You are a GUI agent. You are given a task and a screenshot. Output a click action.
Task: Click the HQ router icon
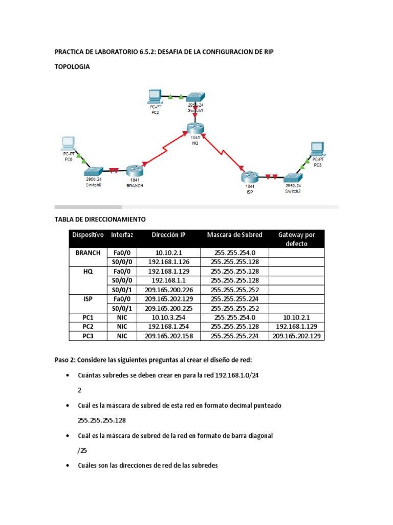pos(194,129)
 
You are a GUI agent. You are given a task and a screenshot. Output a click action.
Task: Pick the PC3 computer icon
pos(317,149)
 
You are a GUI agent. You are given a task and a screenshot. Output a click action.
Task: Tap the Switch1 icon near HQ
pos(195,97)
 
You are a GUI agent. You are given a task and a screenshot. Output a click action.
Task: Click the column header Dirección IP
pos(168,235)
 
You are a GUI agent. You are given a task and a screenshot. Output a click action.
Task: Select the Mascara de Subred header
pos(234,235)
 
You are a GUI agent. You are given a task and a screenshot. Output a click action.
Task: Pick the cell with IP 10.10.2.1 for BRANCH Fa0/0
pos(168,253)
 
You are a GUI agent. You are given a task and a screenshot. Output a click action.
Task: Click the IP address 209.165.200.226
pos(168,290)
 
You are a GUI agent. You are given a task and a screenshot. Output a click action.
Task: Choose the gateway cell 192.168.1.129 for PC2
pos(296,327)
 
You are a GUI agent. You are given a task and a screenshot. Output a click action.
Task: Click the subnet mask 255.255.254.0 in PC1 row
pos(234,317)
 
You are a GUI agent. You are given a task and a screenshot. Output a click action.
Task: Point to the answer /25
pos(82,451)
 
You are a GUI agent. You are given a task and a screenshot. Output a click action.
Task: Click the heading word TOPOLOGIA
pos(72,67)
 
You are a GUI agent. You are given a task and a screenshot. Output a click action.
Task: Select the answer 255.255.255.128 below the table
pos(102,420)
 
